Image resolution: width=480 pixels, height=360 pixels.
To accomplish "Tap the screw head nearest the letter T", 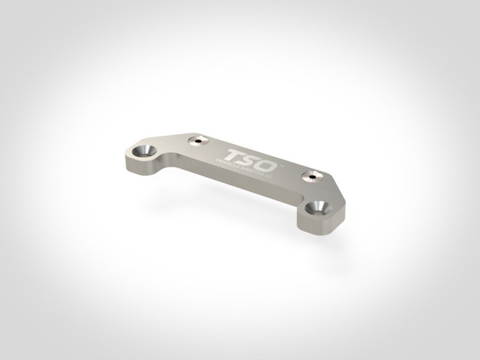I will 199,139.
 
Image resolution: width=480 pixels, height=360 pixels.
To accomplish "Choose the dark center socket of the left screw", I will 199,139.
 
